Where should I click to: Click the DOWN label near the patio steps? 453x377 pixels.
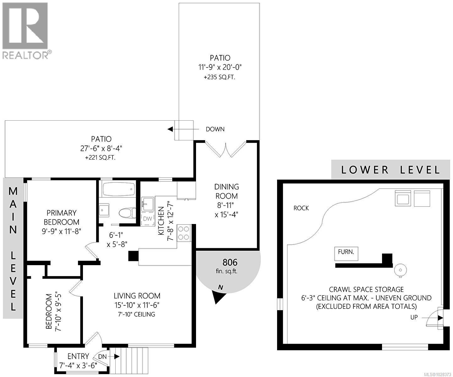[x=215, y=129]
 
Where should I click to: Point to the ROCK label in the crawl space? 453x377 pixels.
[x=301, y=208]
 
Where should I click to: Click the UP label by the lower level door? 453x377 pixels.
[x=414, y=317]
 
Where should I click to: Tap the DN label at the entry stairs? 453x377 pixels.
[x=102, y=357]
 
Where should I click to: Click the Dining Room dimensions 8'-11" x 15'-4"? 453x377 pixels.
[x=227, y=210]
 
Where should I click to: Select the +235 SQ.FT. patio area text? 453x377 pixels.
[x=220, y=77]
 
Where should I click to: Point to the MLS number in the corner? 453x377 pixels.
[x=435, y=374]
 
